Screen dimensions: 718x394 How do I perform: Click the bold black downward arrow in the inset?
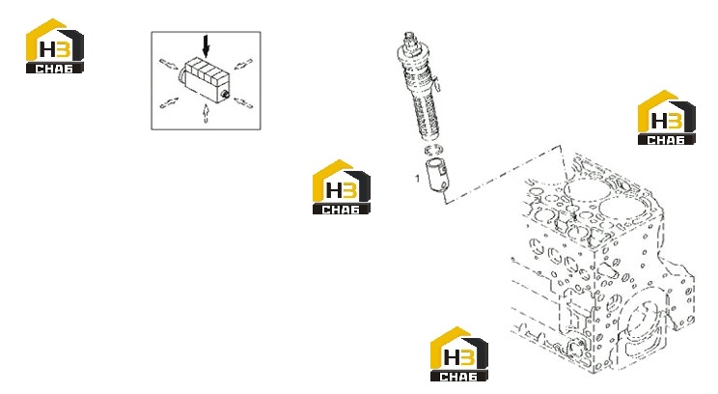(x=207, y=46)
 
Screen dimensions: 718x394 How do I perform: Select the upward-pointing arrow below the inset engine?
(x=207, y=113)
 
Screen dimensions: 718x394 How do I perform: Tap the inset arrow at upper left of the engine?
(x=169, y=64)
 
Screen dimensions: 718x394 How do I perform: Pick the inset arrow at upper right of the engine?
(x=243, y=64)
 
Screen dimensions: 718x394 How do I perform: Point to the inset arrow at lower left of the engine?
(x=169, y=102)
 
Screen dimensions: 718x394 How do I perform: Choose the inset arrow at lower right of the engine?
(x=243, y=102)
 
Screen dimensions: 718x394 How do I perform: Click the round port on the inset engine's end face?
(x=225, y=95)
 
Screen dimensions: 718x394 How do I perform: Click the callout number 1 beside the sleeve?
(x=417, y=178)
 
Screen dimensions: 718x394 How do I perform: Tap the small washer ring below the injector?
(x=434, y=150)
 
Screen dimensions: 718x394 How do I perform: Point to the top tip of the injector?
(x=409, y=34)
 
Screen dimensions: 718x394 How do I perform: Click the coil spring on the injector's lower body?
(x=428, y=116)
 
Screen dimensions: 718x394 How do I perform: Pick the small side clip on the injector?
(x=438, y=84)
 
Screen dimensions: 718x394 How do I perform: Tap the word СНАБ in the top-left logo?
(x=54, y=69)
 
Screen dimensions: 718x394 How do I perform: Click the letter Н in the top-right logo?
(x=659, y=121)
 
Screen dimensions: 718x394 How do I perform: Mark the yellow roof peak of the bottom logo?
(x=456, y=328)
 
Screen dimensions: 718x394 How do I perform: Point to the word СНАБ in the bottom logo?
(x=458, y=377)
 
